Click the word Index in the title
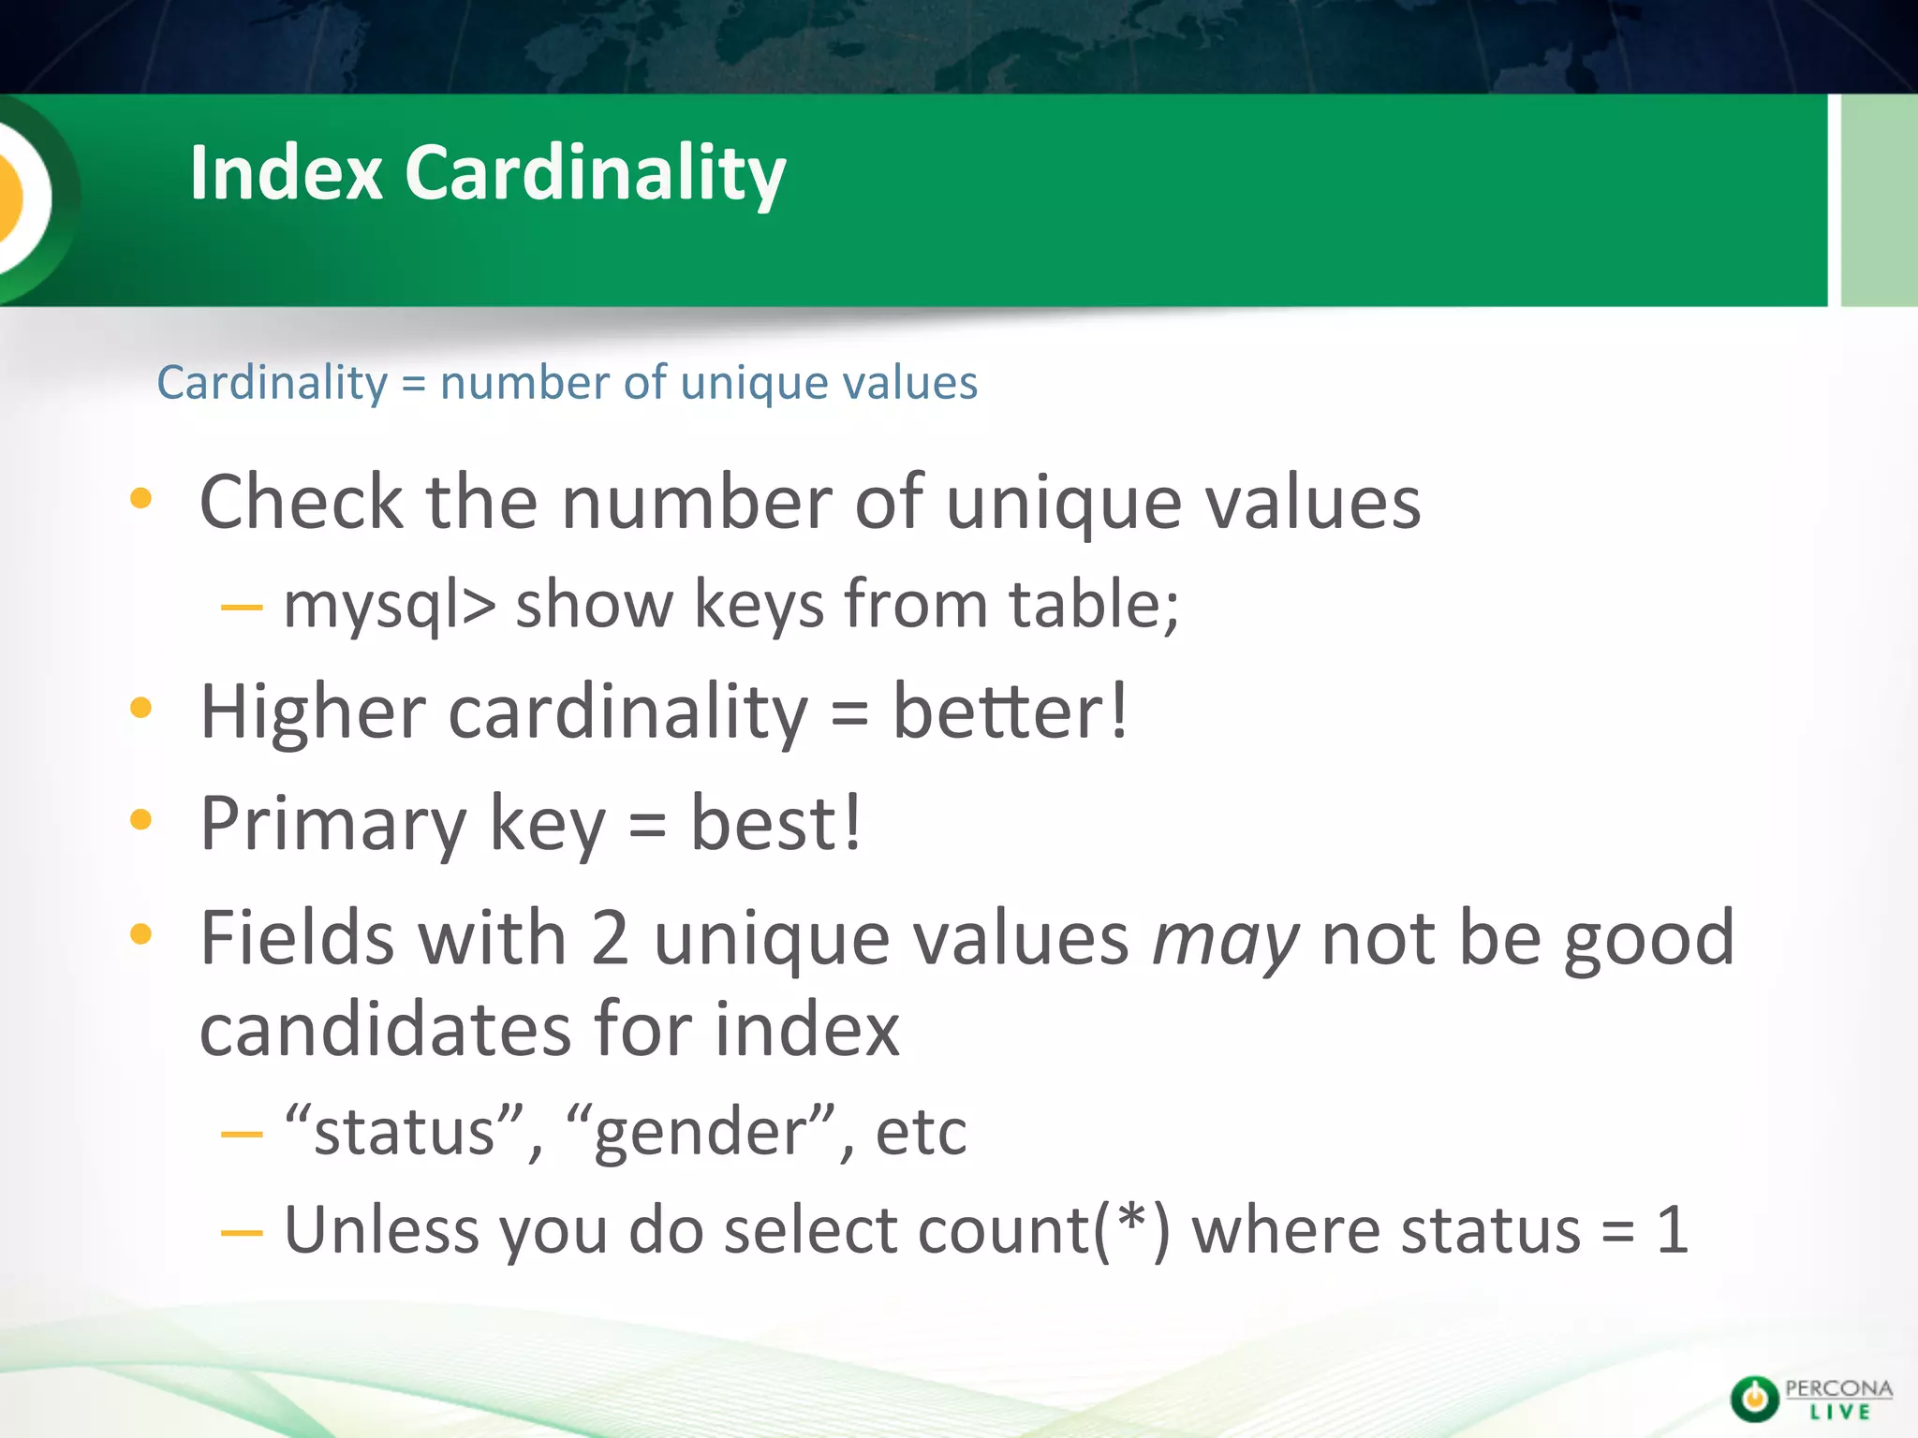[286, 173]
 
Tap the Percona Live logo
[1810, 1399]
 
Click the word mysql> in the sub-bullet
[389, 605]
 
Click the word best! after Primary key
[775, 824]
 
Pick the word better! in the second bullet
[1011, 712]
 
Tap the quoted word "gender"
[701, 1133]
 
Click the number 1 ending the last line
[1672, 1230]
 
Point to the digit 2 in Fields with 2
[610, 939]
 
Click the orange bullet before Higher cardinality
[140, 709]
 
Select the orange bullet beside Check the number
[140, 499]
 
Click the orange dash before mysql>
[242, 608]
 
